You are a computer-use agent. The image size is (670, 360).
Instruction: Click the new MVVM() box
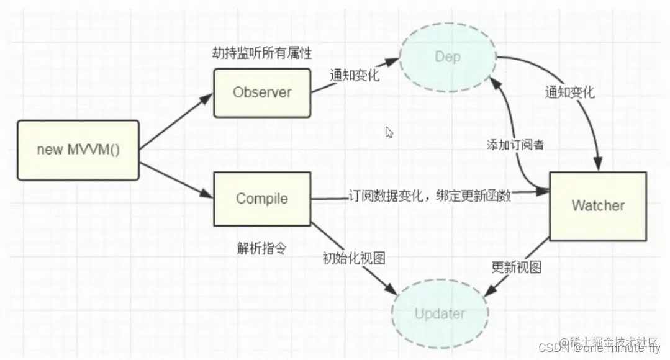tap(78, 150)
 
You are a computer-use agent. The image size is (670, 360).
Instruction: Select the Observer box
tap(262, 92)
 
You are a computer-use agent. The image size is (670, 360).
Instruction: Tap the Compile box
tap(262, 199)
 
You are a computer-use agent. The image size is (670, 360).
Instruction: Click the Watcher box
tap(597, 206)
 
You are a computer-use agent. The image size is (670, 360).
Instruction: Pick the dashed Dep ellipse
tap(448, 58)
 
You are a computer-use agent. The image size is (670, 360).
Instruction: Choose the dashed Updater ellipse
tap(440, 313)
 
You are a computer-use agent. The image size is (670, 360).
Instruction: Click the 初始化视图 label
tap(353, 258)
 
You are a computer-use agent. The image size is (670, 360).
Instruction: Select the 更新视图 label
tap(517, 268)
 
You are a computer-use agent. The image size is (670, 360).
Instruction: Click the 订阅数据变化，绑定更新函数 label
tap(429, 196)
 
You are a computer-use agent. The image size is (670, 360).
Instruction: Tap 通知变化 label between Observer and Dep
tap(355, 76)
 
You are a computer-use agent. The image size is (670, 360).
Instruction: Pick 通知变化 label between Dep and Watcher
tap(570, 94)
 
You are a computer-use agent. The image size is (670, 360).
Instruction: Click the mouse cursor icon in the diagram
tap(389, 132)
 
